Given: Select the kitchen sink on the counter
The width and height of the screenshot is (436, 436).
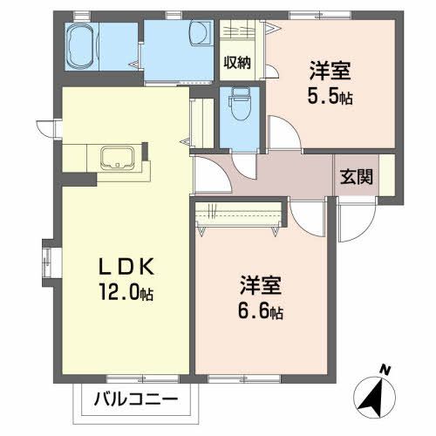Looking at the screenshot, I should pyautogui.click(x=116, y=159).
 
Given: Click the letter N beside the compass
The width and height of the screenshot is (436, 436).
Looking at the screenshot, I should pyautogui.click(x=385, y=368).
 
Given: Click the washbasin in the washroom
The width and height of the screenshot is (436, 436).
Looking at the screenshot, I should pyautogui.click(x=199, y=36).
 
